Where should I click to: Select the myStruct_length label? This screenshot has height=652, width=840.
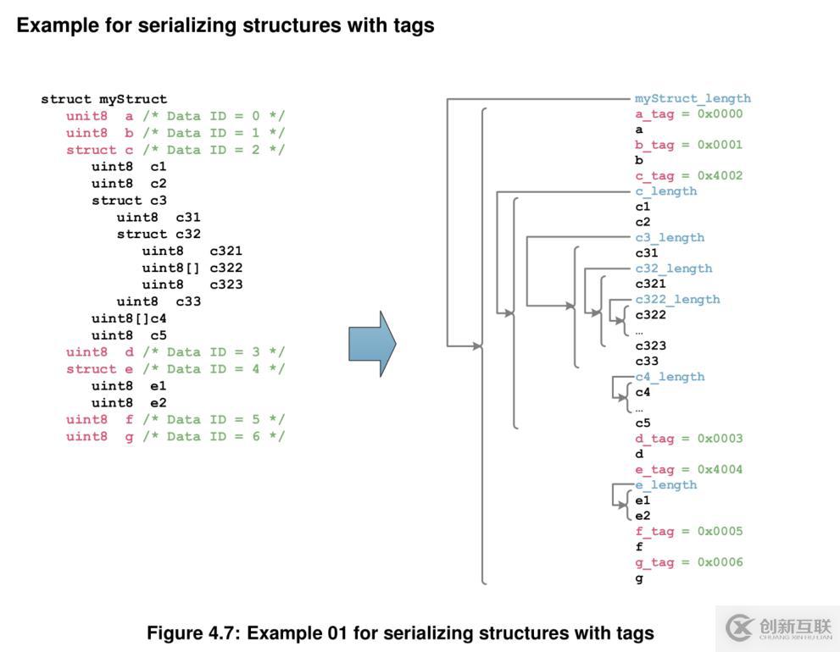pos(693,98)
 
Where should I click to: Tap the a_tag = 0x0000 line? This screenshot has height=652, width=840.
pos(688,113)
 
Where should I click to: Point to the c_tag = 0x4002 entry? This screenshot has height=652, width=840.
pos(688,175)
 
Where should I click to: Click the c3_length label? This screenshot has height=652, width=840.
pos(670,237)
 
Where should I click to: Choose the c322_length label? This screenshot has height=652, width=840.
pos(677,299)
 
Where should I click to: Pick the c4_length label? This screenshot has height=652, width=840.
pos(670,376)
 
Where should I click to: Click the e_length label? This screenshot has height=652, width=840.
pos(665,484)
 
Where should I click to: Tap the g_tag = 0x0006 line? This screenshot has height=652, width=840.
pos(688,562)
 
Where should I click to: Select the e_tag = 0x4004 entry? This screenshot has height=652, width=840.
pos(688,469)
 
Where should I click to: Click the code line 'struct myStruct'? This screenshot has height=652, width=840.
pos(103,99)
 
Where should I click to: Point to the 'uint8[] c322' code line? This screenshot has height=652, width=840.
pos(192,268)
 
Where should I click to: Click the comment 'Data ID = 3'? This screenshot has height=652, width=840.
pos(214,352)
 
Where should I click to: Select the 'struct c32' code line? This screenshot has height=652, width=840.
pos(159,234)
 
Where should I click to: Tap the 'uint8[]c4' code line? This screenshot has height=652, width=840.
pos(129,318)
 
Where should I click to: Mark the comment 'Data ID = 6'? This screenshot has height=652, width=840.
pos(214,436)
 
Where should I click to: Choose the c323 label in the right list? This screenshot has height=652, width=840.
pos(650,345)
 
